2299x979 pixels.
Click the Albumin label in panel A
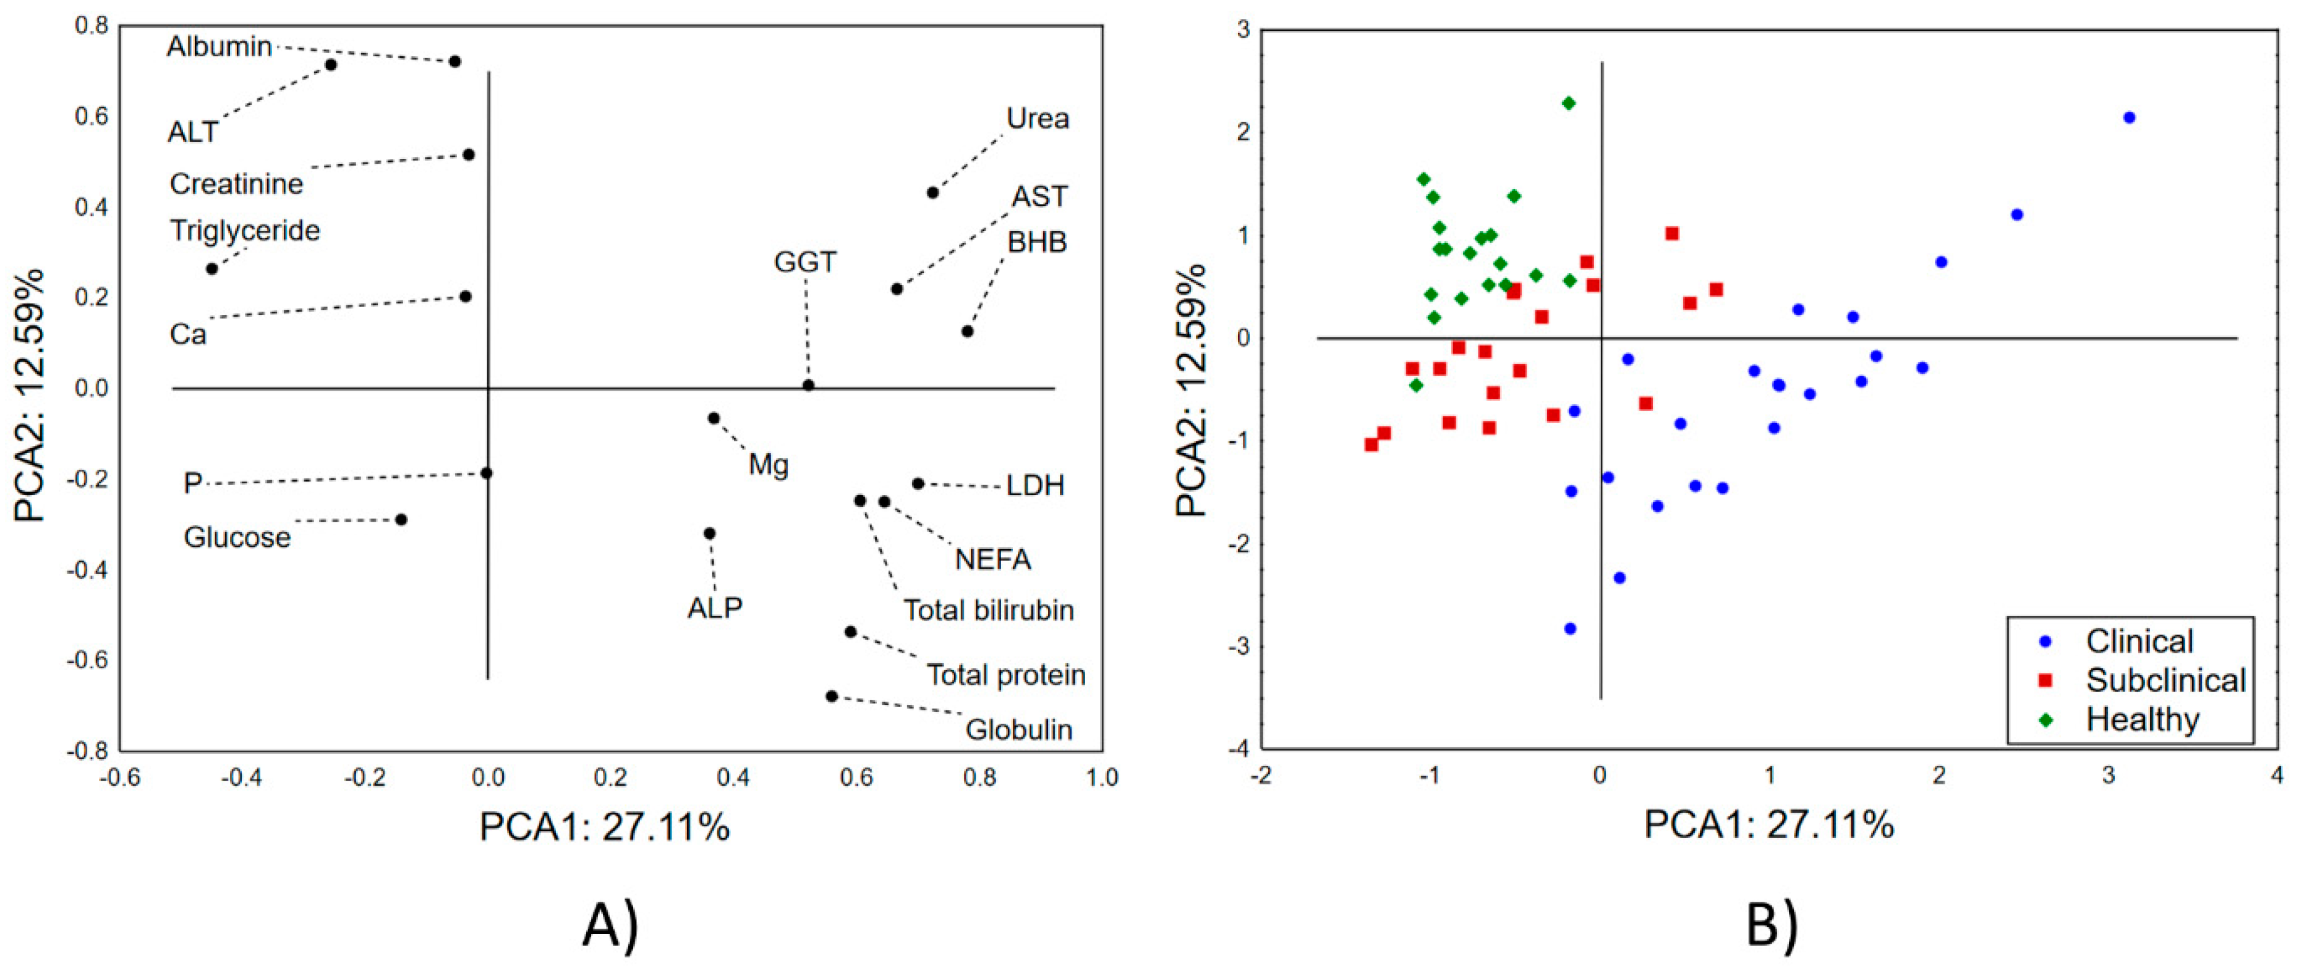(x=219, y=46)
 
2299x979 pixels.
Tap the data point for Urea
(x=932, y=193)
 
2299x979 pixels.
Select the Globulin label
(x=1018, y=730)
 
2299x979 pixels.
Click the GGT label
(x=805, y=263)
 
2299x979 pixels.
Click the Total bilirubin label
(x=988, y=611)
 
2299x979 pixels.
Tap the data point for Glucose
(x=401, y=519)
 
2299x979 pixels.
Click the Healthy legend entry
(x=2142, y=719)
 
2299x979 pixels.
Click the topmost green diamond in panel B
(x=1568, y=103)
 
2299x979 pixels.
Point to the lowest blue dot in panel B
(x=1570, y=629)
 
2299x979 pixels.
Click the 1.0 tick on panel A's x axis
(x=1103, y=778)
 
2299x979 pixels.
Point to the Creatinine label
(x=236, y=184)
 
